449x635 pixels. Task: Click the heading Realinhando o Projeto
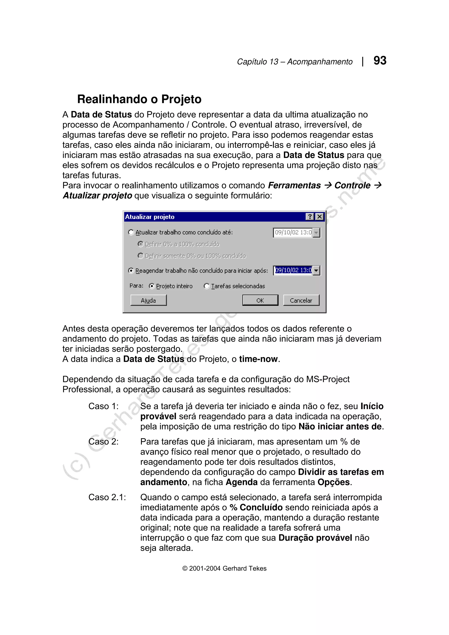(x=139, y=99)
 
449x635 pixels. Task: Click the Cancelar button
(x=301, y=300)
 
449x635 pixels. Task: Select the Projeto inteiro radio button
(x=151, y=286)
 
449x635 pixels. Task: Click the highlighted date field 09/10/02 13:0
(x=293, y=270)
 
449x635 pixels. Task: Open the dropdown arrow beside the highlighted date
(x=316, y=270)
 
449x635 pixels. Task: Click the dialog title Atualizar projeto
(x=150, y=217)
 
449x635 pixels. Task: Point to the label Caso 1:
(x=103, y=406)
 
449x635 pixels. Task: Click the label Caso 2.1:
(x=107, y=497)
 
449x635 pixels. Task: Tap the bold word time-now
(x=258, y=359)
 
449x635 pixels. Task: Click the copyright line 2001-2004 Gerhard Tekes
(x=224, y=568)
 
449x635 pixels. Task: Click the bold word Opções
(x=334, y=482)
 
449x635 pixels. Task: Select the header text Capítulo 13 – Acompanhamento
(x=295, y=61)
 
